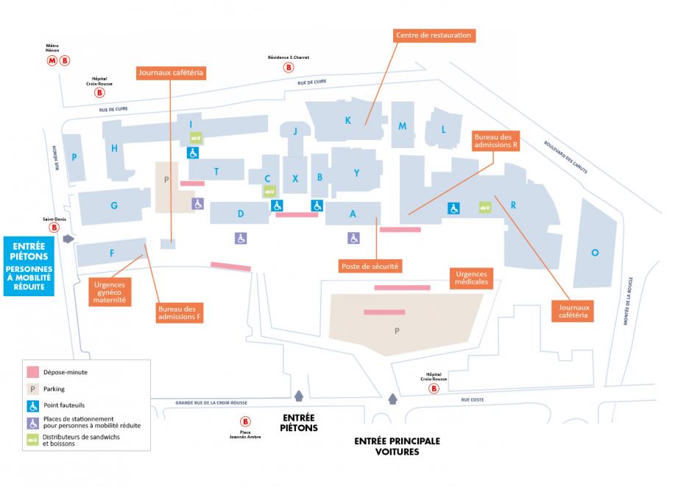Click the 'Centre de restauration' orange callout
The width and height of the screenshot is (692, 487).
(x=433, y=35)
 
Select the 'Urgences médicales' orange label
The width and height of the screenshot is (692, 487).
(x=470, y=278)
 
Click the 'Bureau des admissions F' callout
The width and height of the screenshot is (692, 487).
(x=179, y=312)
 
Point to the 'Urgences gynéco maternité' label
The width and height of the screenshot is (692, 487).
(x=110, y=291)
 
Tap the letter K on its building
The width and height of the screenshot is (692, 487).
(x=347, y=120)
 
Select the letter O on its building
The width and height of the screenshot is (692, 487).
(x=595, y=253)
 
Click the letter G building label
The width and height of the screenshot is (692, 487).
(x=114, y=206)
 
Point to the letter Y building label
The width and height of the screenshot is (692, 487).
(x=356, y=173)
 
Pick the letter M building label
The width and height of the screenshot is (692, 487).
(x=402, y=126)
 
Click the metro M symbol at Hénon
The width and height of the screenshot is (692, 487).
(x=52, y=60)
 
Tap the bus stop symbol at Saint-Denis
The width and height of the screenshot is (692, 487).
(x=54, y=228)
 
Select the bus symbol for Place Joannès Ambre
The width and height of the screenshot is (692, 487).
(x=245, y=422)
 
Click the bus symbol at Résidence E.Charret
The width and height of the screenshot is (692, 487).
(x=288, y=67)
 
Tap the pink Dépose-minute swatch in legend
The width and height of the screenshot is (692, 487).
(x=32, y=372)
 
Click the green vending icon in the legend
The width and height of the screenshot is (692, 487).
(x=32, y=439)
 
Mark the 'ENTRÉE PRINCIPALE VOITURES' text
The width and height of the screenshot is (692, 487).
(x=397, y=446)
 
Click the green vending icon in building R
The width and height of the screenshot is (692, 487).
(x=485, y=207)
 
